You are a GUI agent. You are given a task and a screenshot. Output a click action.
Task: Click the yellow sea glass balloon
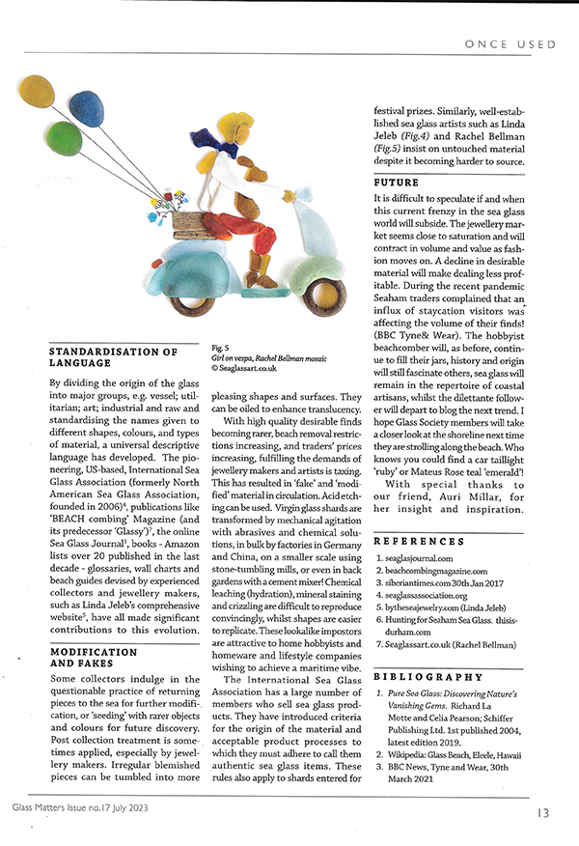tap(38, 97)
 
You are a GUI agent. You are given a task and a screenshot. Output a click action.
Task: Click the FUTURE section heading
tap(396, 183)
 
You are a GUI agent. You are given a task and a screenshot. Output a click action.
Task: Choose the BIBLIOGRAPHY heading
tap(428, 676)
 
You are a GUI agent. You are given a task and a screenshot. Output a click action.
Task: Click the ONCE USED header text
tap(510, 44)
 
